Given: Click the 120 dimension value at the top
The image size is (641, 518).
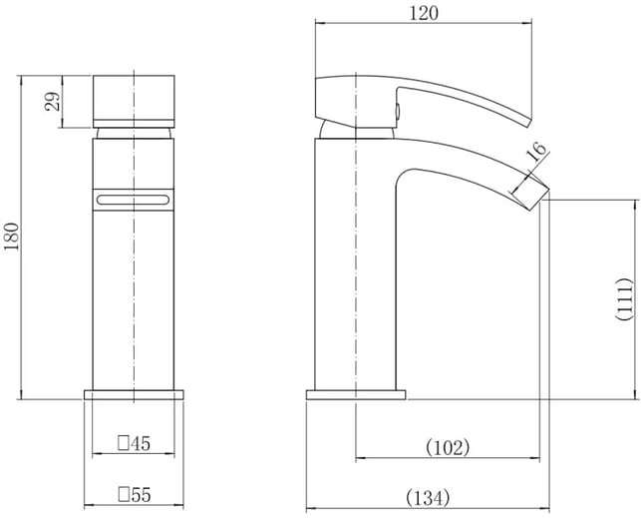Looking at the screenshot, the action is coord(423,14).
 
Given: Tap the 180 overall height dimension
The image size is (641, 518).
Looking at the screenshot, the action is coord(11,237).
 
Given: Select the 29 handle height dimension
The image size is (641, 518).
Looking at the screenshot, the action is coord(52,101).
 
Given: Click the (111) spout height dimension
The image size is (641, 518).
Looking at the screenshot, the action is coord(624,299).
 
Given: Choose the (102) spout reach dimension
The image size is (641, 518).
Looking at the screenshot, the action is coord(448,447).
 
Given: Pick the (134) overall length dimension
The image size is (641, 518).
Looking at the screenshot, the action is coord(428,498).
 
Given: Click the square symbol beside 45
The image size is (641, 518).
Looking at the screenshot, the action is coord(124,443).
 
